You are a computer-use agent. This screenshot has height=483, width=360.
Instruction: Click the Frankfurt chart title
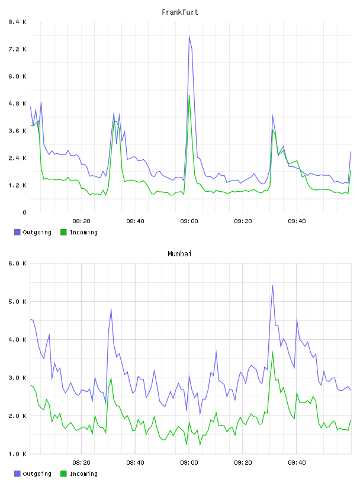point(180,12)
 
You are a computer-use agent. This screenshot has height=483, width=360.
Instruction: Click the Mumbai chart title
point(179,254)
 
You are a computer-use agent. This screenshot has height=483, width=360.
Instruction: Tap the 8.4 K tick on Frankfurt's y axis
point(17,22)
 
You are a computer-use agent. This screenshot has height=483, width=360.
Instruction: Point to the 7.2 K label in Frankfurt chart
point(17,49)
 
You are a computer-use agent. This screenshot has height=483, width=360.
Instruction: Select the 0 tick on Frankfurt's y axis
point(24,212)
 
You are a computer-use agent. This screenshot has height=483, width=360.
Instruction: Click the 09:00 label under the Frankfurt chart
point(189,221)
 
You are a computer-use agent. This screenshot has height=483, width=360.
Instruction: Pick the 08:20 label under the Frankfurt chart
point(81,221)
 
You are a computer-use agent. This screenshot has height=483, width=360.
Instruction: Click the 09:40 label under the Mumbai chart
point(297,463)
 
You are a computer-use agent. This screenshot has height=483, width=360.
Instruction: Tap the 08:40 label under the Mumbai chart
point(135,463)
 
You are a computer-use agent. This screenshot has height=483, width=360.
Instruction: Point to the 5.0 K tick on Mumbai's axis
point(17,301)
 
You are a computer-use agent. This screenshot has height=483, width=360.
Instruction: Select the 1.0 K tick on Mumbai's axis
point(17,454)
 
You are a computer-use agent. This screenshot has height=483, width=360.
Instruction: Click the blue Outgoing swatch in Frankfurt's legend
point(17,232)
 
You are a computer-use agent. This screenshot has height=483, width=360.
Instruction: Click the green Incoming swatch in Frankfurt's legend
point(63,232)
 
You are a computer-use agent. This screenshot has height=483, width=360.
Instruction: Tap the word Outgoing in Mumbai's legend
point(37,474)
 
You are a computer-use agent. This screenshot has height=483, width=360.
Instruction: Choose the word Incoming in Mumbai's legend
point(83,474)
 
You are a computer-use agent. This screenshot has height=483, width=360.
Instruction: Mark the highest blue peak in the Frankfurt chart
point(189,36)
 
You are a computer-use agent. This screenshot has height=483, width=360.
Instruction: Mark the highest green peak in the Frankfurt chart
point(189,95)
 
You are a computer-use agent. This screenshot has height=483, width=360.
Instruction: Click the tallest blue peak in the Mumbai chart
point(272,285)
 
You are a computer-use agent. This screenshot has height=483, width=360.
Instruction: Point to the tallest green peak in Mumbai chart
point(272,352)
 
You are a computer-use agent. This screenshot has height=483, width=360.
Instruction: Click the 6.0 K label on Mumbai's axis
point(17,263)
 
